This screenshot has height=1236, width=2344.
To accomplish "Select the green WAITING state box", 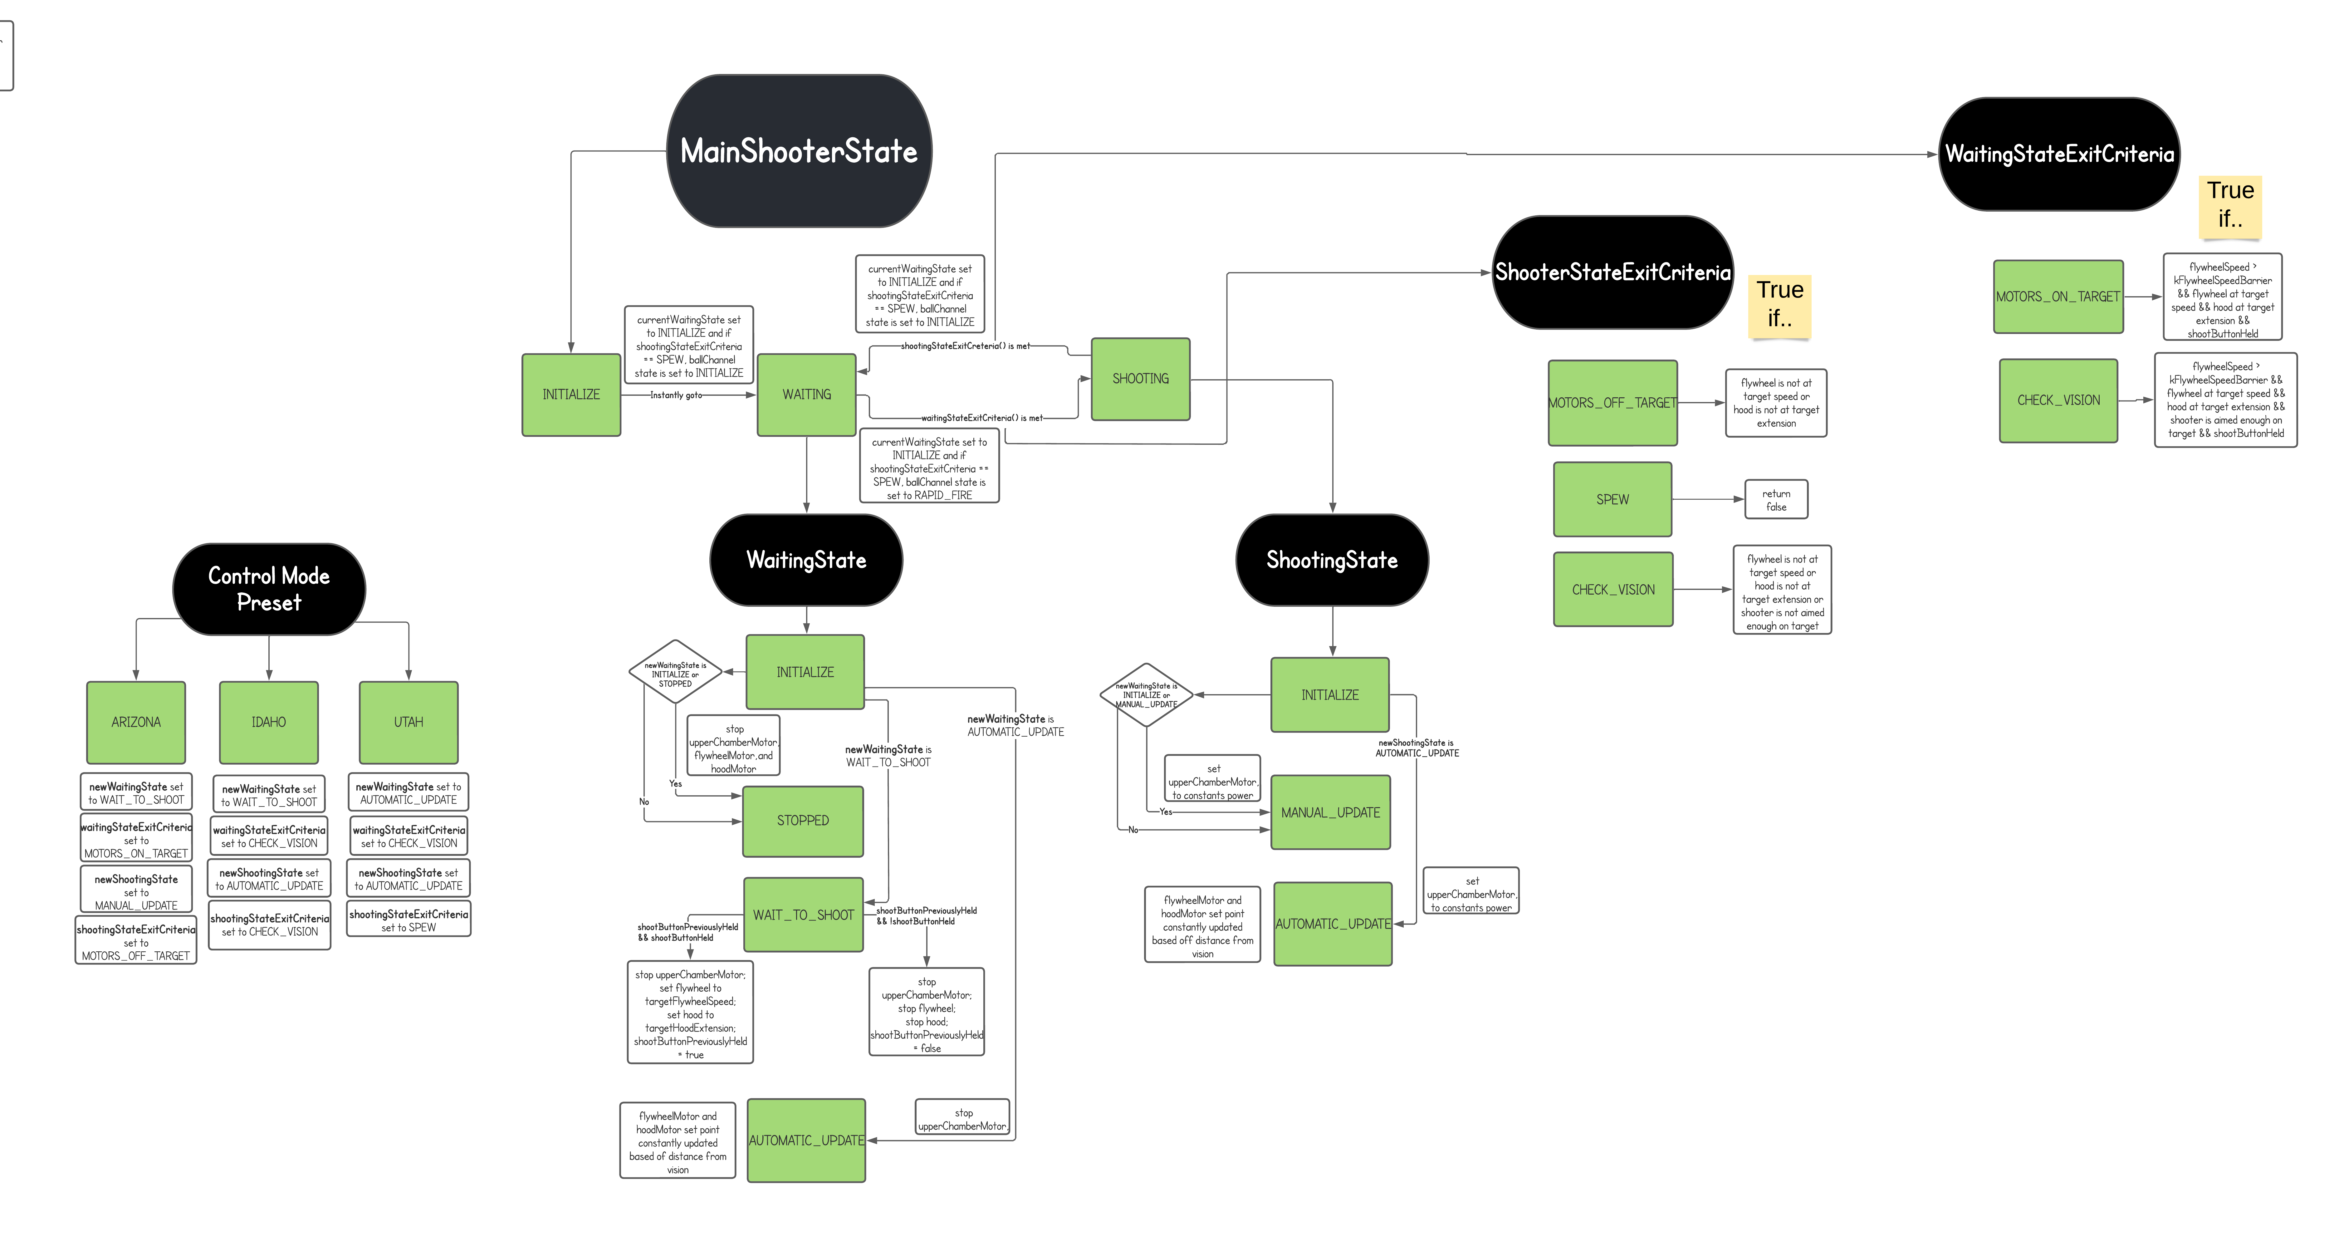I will [806, 394].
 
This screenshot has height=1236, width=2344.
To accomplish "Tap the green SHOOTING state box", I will [1140, 379].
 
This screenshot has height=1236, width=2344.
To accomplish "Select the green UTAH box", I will [409, 722].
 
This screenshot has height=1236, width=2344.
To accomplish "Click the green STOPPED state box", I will [803, 820].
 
